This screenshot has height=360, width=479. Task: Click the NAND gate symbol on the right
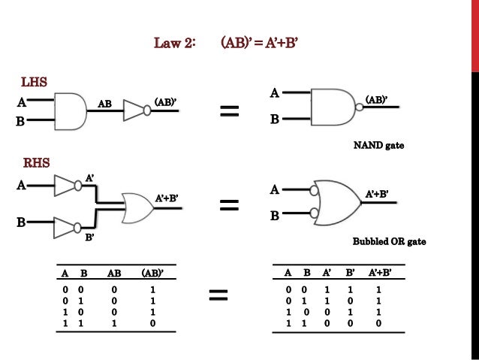pos(331,107)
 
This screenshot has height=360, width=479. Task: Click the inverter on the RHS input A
pos(67,186)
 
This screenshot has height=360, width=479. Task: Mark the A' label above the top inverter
pos(89,178)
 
